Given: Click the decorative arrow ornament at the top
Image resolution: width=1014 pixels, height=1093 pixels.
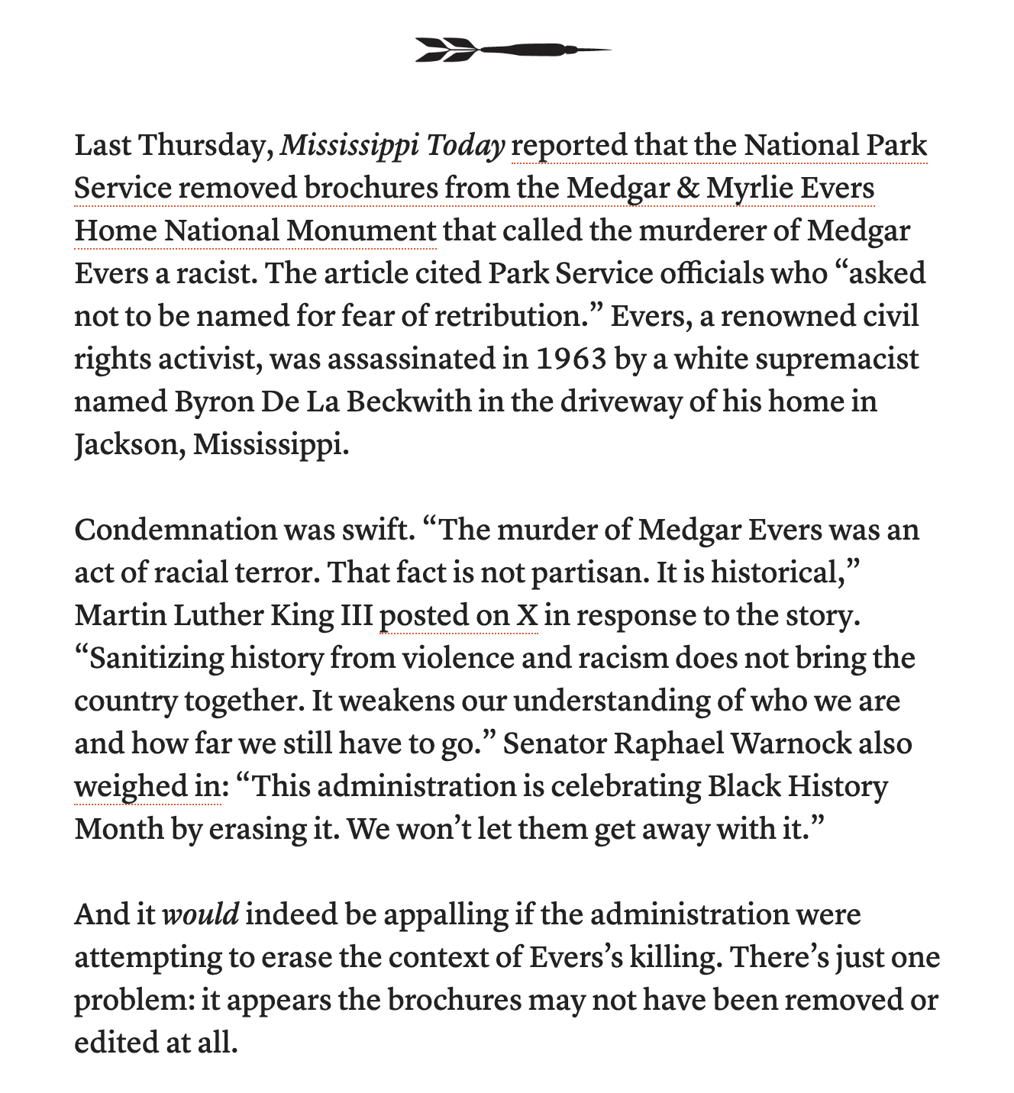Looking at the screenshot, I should click(x=512, y=50).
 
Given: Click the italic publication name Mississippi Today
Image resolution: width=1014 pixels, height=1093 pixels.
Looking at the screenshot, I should click(x=392, y=146).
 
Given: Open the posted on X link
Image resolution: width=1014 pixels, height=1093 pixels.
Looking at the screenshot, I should click(x=459, y=615).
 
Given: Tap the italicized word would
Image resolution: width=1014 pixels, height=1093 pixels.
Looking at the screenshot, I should click(x=202, y=914).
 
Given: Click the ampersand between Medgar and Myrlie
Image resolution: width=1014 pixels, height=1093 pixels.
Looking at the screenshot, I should click(x=687, y=189).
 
